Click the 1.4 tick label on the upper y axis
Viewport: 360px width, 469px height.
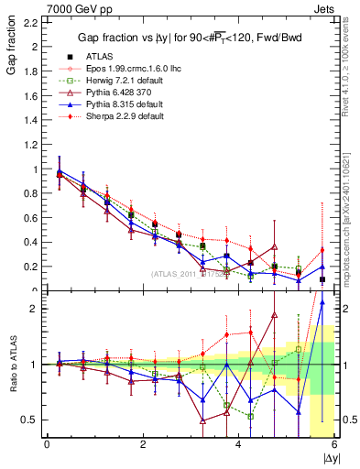(30, 120)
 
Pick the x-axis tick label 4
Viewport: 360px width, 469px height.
(238, 445)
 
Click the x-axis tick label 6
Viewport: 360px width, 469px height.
(333, 445)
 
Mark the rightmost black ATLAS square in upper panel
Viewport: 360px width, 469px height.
(322, 279)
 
